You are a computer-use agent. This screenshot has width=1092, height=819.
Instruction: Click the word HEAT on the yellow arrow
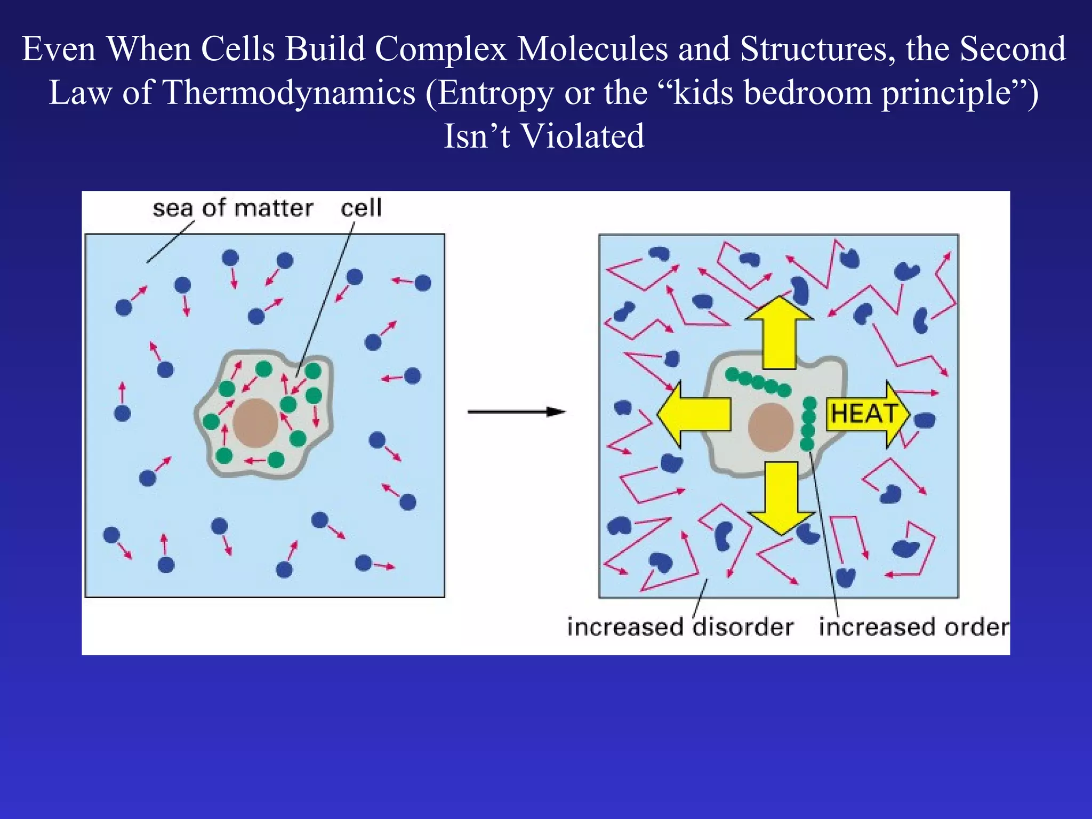(864, 414)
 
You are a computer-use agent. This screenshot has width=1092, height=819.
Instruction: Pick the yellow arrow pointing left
(693, 414)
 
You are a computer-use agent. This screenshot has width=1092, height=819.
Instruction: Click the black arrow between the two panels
(516, 412)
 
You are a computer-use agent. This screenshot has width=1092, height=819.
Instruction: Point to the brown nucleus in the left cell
(256, 423)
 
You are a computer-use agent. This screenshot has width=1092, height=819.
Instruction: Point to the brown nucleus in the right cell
(770, 427)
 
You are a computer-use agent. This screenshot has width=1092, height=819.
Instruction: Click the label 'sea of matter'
(232, 208)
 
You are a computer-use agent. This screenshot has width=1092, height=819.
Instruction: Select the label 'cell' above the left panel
(361, 208)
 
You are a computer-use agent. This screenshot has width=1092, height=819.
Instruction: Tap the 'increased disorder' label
(680, 627)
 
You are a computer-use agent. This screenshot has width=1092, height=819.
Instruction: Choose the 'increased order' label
(913, 627)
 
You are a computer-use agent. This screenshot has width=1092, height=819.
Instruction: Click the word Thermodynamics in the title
(288, 92)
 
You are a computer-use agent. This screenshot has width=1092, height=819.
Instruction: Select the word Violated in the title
(582, 136)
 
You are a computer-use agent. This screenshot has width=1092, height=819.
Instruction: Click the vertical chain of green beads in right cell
(808, 423)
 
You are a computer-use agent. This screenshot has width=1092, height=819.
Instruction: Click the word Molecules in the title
(592, 49)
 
